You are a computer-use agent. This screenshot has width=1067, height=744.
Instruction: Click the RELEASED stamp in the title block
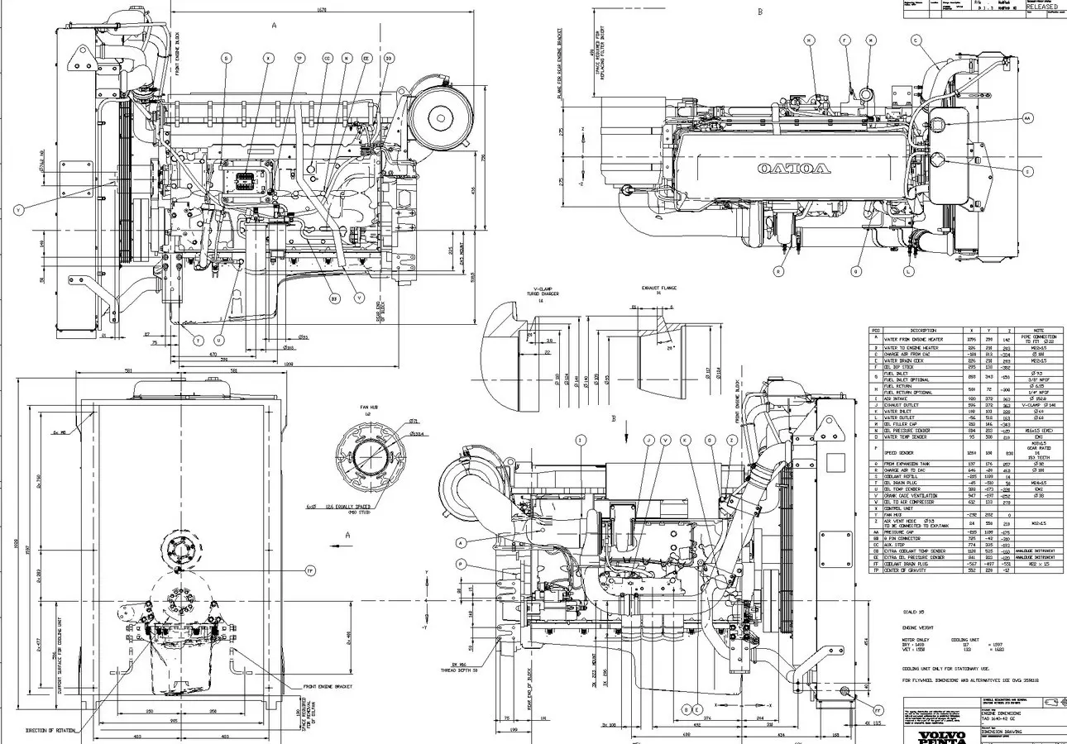[x=1041, y=7]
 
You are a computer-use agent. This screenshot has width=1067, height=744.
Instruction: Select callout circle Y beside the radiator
[x=19, y=210]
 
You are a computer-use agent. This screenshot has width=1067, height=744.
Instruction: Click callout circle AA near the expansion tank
[x=1028, y=118]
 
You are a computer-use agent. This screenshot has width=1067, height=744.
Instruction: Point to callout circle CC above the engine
[x=327, y=58]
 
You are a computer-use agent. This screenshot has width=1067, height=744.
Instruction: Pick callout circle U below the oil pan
[x=219, y=340]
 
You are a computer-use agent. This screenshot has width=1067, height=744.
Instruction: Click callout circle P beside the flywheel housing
[x=461, y=565]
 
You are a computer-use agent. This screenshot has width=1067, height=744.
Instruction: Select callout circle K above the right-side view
[x=685, y=441]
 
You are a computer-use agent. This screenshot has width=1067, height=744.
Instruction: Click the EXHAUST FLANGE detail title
[x=659, y=289]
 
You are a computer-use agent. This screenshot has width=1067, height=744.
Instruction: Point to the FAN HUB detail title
[x=368, y=407]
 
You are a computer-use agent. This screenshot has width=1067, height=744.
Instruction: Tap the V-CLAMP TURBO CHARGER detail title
[x=542, y=293]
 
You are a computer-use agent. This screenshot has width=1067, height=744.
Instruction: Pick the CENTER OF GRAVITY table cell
[x=905, y=570]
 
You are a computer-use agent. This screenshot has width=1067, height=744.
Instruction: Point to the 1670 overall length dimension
[x=322, y=10]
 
